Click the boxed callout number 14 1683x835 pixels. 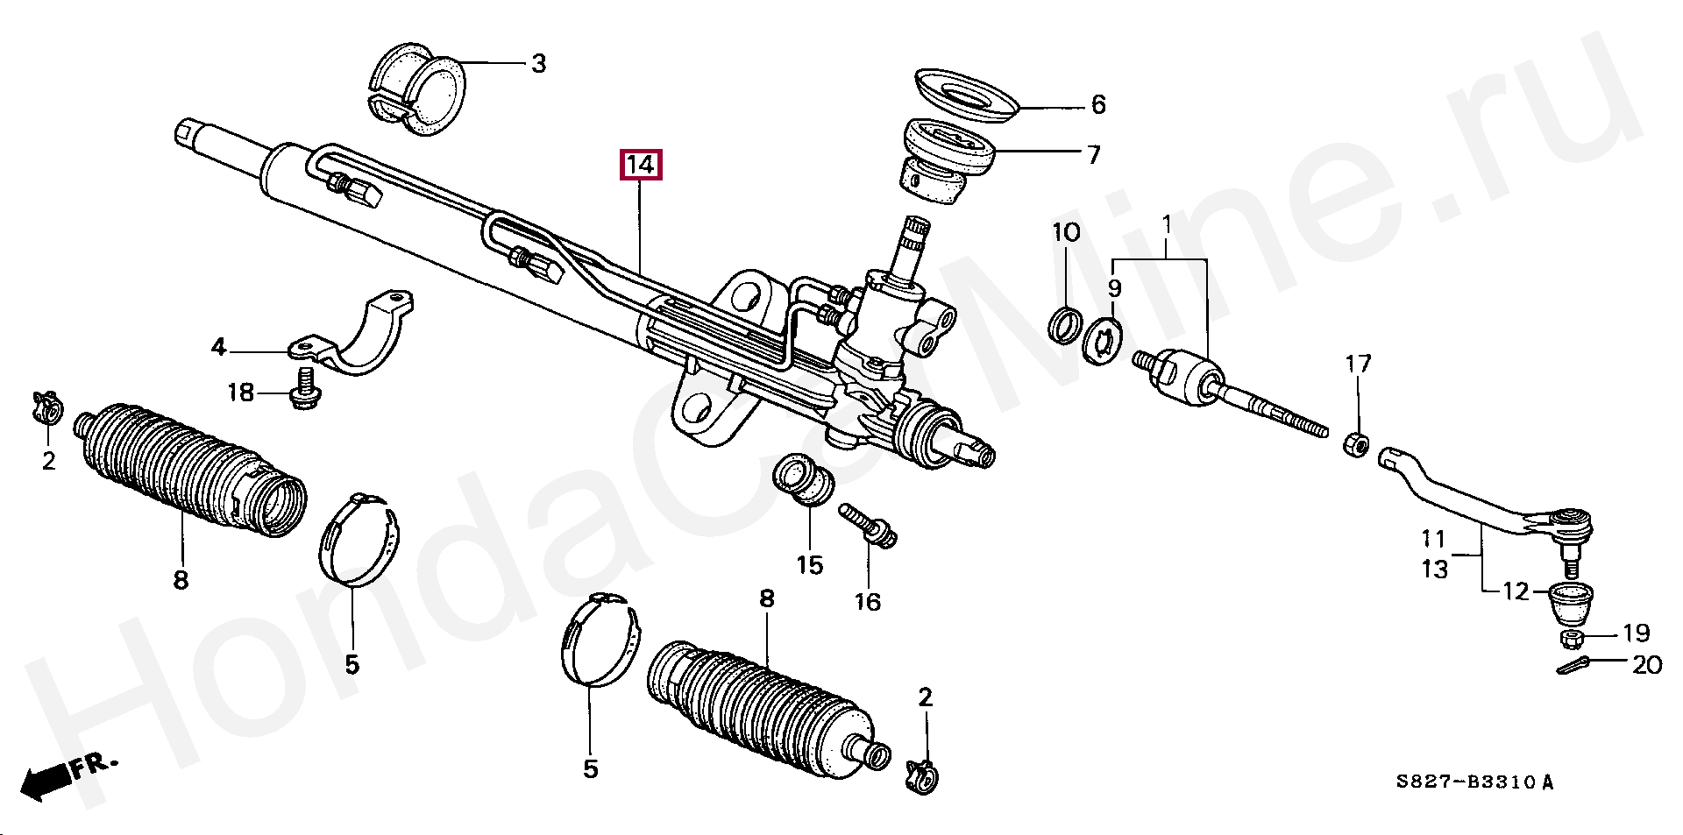(x=641, y=164)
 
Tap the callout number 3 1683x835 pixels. (x=538, y=64)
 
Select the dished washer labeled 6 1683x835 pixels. (x=965, y=96)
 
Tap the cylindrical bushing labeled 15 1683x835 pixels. (x=801, y=478)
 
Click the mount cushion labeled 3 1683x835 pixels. (x=414, y=91)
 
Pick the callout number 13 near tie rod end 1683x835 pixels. (x=1434, y=570)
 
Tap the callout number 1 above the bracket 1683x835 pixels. (x=1167, y=226)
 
